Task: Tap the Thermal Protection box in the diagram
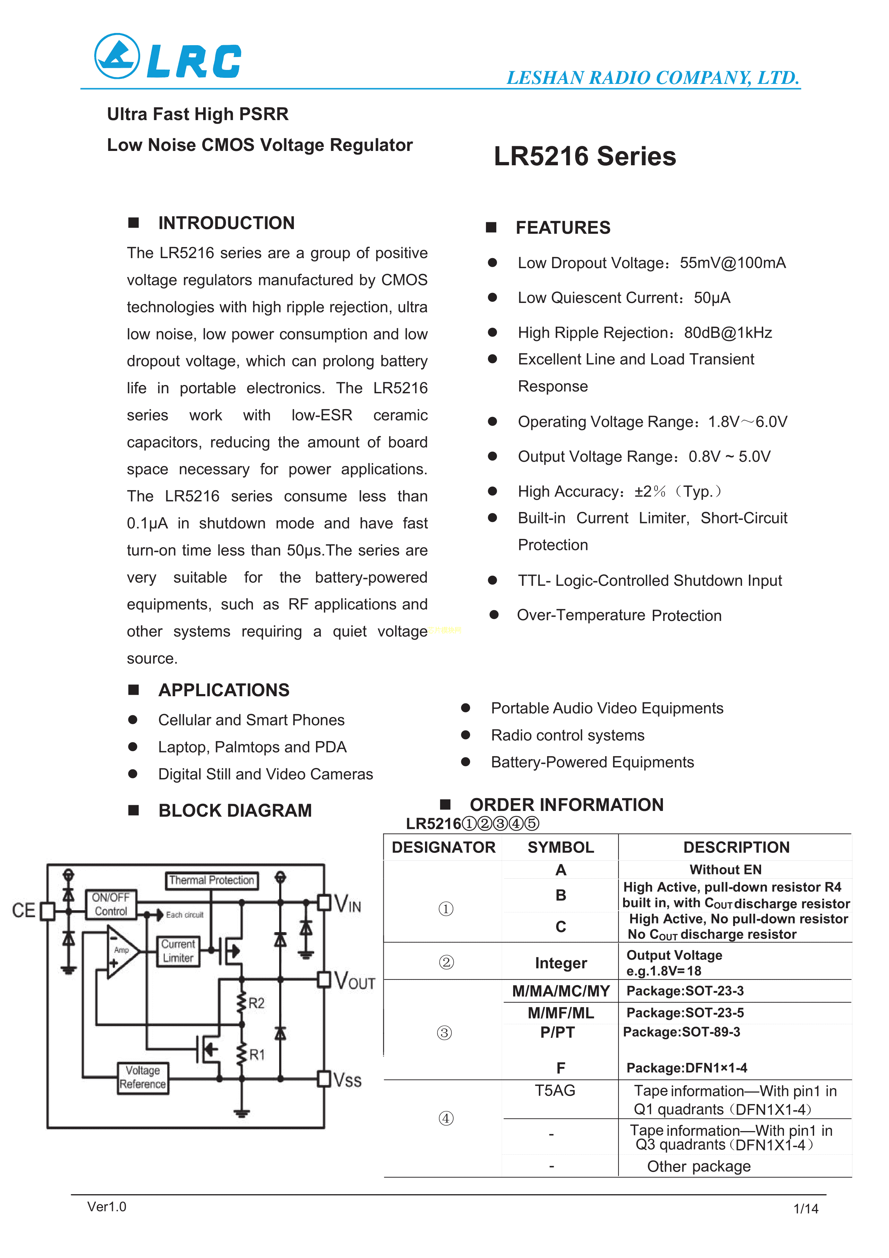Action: [x=211, y=880]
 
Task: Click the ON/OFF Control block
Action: [x=111, y=904]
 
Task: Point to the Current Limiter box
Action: [x=178, y=951]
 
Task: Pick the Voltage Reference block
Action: [x=143, y=1077]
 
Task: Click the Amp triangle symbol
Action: [x=121, y=951]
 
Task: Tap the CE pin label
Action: [x=24, y=911]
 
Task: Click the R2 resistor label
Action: [x=256, y=1003]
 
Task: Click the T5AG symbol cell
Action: [x=555, y=1090]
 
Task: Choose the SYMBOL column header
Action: [x=560, y=848]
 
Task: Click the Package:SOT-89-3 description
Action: [x=682, y=1032]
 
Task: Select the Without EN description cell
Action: [x=725, y=869]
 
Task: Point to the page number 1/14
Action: [x=806, y=1209]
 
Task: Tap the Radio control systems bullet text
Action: [x=568, y=735]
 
